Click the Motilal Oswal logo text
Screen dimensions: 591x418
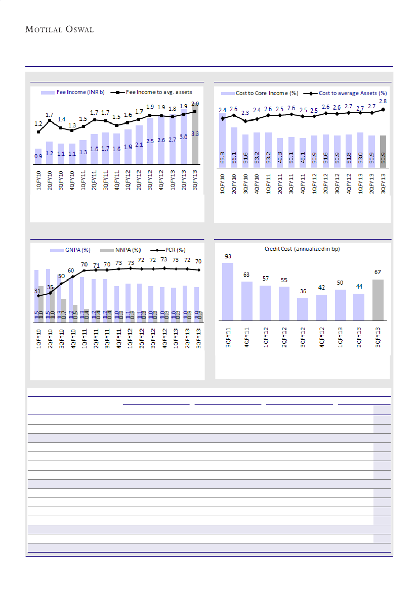click(59, 29)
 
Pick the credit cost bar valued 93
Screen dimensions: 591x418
click(228, 291)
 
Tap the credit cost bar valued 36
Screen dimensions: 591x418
click(303, 309)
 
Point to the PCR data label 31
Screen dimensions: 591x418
click(37, 291)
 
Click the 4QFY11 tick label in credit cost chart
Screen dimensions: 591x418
click(246, 337)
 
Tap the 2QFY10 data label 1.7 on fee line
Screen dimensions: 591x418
click(49, 115)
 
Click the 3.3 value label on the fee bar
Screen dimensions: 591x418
click(195, 134)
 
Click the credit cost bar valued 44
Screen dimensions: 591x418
click(359, 307)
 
